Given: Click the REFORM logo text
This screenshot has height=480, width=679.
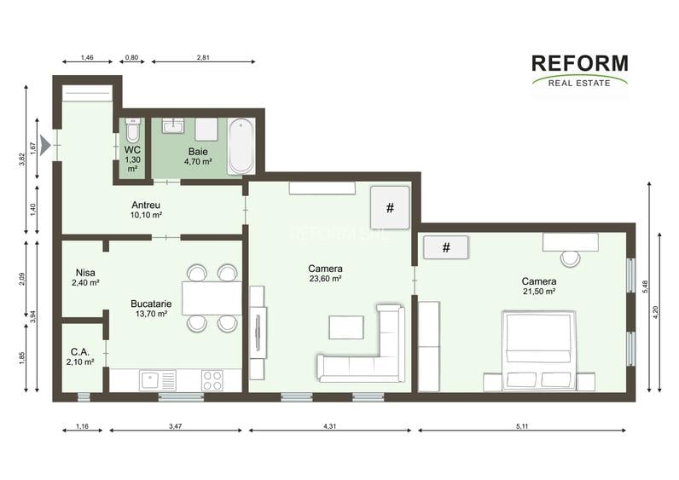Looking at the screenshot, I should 579,63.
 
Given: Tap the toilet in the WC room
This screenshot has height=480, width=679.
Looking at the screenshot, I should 132,131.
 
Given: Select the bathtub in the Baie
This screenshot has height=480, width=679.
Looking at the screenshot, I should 241,145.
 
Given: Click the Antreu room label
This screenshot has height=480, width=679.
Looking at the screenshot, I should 146,205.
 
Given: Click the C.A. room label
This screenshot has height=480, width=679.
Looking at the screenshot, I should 81,350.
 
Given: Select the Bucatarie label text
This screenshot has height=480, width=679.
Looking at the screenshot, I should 148,303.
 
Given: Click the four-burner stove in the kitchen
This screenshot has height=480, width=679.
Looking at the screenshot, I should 212,380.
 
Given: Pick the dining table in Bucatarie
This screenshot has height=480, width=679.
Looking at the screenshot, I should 212,298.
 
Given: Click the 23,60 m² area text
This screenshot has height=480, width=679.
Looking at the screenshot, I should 325,279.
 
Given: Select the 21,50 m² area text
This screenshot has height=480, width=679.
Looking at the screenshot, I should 539,292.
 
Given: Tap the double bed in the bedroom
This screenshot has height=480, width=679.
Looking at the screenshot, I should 537,350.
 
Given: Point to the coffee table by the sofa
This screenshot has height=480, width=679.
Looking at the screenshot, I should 346,327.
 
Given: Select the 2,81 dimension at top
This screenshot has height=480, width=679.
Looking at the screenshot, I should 203,57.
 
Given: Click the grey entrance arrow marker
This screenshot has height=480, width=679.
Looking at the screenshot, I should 45,145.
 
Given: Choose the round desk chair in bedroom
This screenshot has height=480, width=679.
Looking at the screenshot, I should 570,257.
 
